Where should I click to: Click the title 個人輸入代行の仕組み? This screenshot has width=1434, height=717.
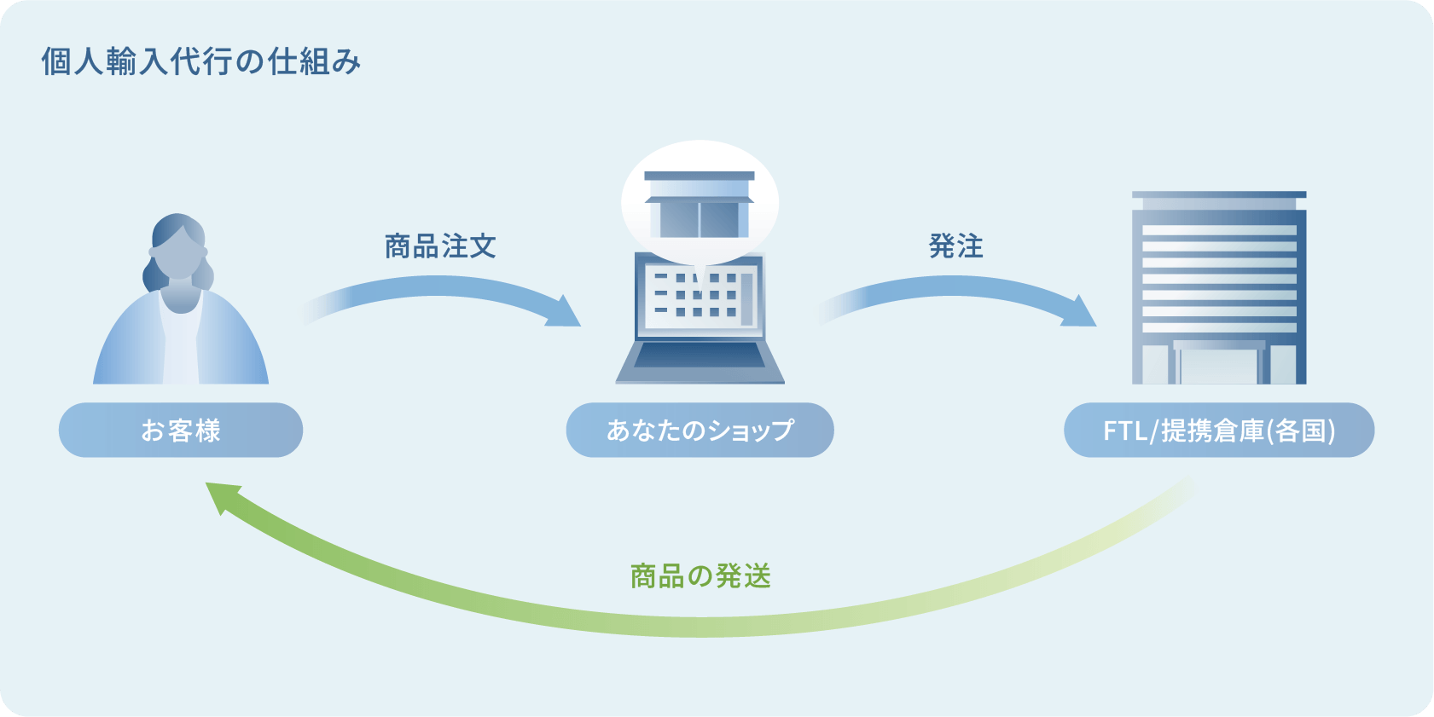click(201, 62)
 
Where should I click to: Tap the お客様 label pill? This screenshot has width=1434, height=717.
click(181, 430)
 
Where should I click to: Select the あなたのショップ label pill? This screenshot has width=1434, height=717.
click(700, 430)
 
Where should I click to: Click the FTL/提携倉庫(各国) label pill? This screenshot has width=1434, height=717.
click(1219, 430)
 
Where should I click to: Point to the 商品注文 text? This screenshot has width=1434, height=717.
click(440, 246)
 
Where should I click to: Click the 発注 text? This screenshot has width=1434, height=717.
click(955, 246)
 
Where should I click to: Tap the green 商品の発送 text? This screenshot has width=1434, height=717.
click(700, 575)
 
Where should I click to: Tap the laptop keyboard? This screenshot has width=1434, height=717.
click(700, 355)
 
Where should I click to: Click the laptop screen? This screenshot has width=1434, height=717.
click(700, 298)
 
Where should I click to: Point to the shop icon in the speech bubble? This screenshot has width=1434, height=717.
click(699, 205)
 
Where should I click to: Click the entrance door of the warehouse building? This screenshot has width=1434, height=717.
click(1219, 362)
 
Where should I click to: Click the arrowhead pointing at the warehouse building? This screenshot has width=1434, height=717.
click(1079, 311)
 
